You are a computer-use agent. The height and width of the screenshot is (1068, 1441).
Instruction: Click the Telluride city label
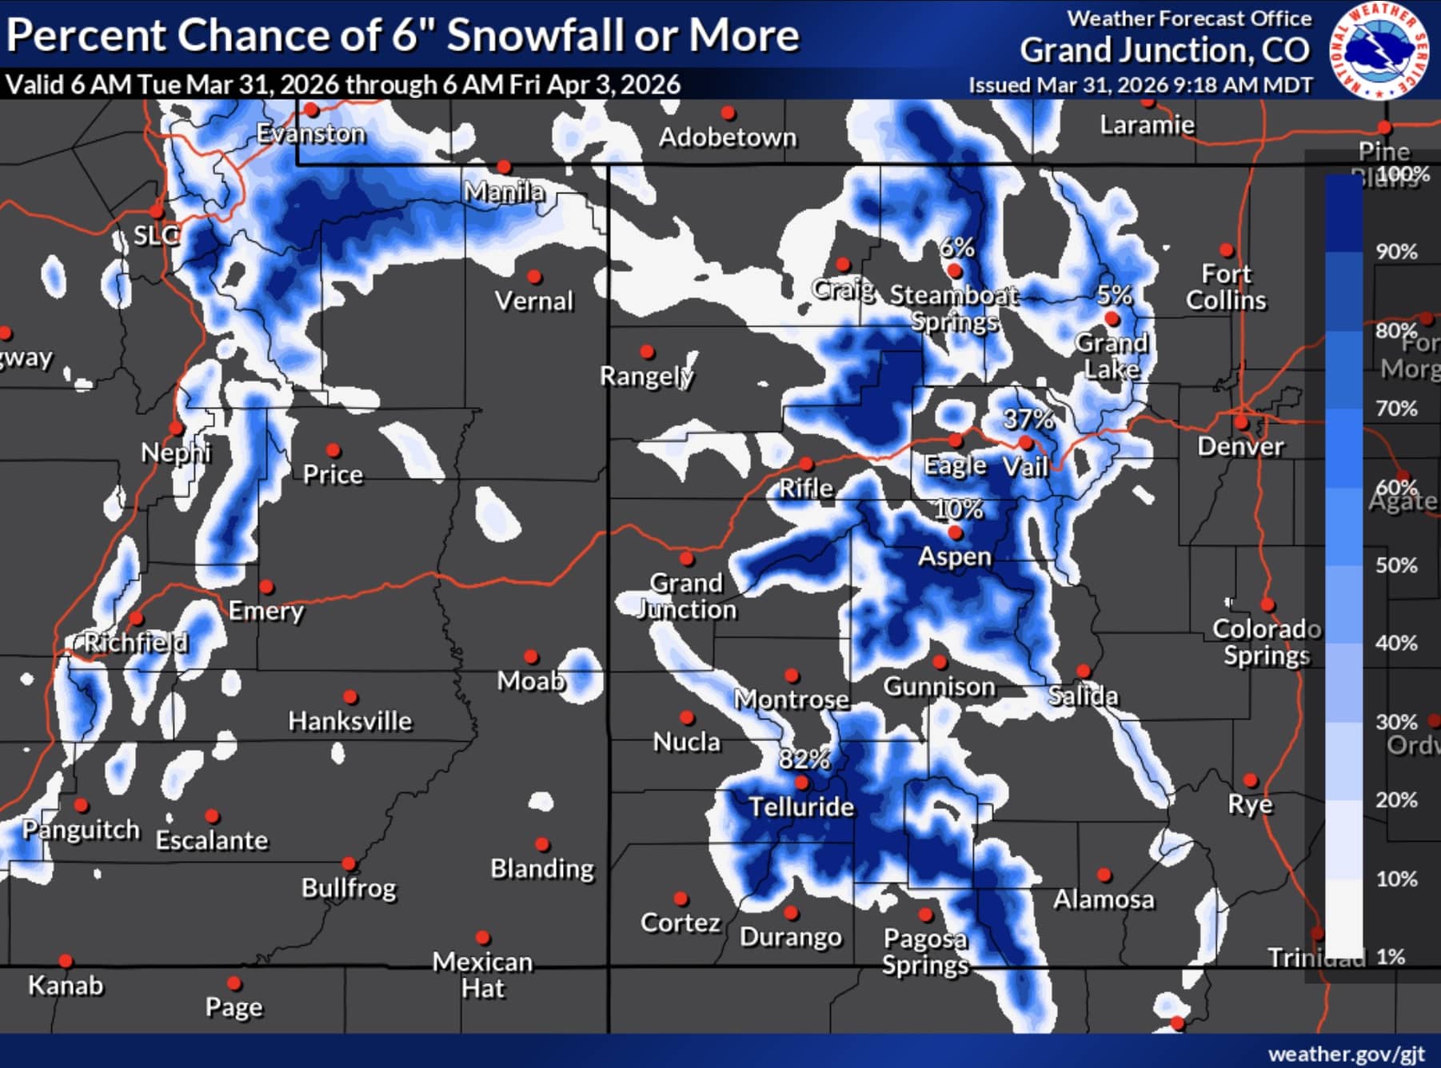point(801,807)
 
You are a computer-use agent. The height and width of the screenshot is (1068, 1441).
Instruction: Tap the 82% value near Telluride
point(804,758)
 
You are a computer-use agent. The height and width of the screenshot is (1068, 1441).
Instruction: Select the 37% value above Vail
point(1028,418)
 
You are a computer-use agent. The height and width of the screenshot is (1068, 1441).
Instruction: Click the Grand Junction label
point(686,596)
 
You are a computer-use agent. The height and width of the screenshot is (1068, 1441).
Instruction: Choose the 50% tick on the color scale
point(1395,565)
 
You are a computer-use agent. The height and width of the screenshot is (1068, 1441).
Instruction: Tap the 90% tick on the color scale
point(1395,252)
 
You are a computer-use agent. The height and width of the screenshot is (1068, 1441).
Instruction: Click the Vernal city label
point(533,301)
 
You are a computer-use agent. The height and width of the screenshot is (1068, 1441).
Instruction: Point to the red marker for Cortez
point(681,899)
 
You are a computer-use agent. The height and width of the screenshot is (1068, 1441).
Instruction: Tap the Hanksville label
point(349,721)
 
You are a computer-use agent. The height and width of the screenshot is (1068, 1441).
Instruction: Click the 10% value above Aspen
point(958,508)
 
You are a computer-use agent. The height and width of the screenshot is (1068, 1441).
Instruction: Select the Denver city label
point(1240,446)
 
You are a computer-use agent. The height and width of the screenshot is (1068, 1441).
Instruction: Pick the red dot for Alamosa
point(1104,875)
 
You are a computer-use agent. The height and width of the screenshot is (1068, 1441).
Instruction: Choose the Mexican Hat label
point(482,974)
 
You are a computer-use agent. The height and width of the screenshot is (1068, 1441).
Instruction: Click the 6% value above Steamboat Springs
point(956,247)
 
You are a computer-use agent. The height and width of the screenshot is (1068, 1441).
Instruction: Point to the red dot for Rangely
point(648,352)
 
